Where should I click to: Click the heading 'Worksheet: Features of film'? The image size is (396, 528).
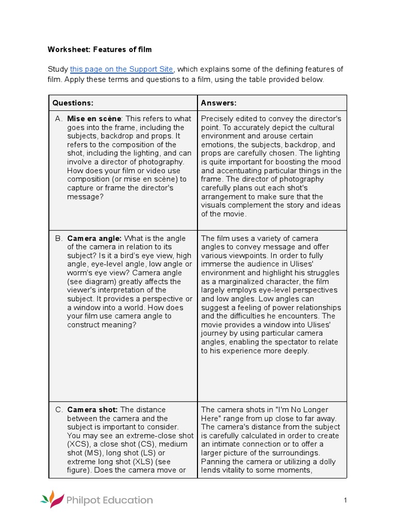pos(100,49)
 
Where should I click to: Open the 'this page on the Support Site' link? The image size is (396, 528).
pos(122,69)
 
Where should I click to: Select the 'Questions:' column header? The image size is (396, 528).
pos(73,103)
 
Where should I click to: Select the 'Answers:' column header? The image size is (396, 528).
pos(219,103)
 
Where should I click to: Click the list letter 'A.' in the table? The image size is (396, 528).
pos(59,119)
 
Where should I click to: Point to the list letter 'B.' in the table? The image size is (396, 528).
pos(59,238)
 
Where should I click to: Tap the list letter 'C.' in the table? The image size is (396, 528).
pos(59,409)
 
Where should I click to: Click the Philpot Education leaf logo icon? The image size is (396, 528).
pos(52,500)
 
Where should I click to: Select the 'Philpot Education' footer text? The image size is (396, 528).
pos(109,500)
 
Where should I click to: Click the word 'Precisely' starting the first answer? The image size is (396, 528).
pos(219,119)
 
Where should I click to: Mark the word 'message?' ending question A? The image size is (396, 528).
pos(85,196)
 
